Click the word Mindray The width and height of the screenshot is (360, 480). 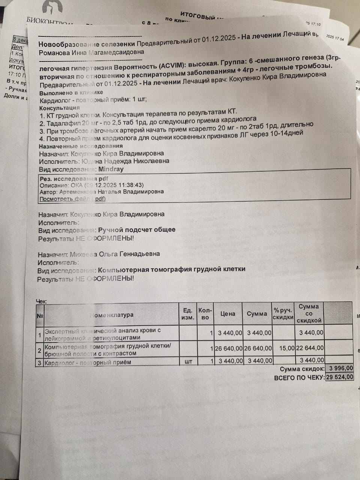[111, 169]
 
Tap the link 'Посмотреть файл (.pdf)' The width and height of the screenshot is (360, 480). [73, 199]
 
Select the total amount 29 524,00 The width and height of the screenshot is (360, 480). [339, 377]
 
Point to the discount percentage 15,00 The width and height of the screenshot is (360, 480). [286, 348]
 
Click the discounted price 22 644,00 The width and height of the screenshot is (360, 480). [310, 348]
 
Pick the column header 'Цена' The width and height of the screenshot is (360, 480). [228, 314]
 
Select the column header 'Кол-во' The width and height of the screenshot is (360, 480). [205, 314]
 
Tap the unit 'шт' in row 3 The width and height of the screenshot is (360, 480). [188, 361]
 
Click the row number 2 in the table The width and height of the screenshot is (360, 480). [40, 351]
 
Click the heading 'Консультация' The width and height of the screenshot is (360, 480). [60, 108]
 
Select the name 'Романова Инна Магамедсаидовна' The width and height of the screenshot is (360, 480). [91, 53]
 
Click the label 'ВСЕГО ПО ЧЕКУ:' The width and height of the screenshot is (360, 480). [299, 378]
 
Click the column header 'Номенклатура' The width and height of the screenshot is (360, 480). [112, 315]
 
